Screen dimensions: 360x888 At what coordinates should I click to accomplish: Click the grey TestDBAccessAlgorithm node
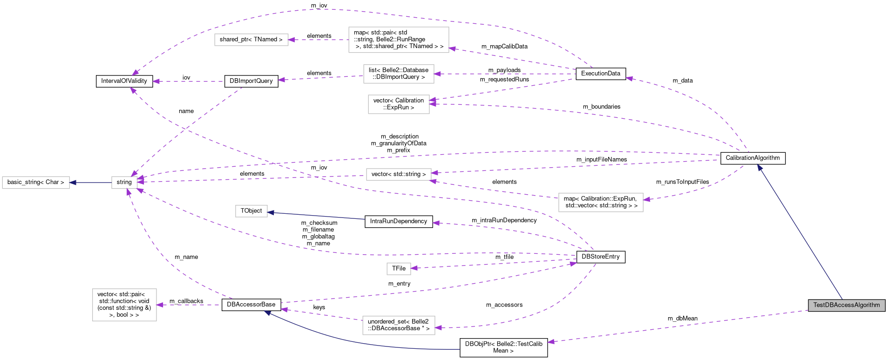coord(846,305)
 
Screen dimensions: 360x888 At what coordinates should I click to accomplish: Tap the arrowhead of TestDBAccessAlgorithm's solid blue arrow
coord(759,167)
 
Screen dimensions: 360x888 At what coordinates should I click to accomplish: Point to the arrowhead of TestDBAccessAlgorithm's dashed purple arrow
coord(551,342)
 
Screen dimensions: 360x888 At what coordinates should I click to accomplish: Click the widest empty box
coord(399,40)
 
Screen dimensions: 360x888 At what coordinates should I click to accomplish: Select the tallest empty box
coord(124,305)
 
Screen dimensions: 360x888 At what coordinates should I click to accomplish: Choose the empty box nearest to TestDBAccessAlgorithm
coord(601,203)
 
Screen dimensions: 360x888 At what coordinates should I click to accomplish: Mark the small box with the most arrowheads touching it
coord(124,183)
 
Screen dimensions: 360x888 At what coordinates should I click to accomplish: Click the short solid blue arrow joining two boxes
coord(91,183)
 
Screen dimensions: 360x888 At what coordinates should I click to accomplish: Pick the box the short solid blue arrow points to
coord(36,183)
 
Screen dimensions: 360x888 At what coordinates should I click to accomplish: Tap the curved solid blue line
coord(354,342)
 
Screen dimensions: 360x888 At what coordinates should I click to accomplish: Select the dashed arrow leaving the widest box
coord(319,40)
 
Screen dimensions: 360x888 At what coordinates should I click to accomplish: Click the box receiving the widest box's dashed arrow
coord(251,40)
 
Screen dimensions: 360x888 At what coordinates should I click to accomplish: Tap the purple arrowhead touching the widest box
coord(452,48)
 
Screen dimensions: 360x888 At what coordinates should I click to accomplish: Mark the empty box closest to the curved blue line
coord(399,326)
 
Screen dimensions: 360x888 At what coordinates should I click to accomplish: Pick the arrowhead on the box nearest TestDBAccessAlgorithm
coord(646,199)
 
